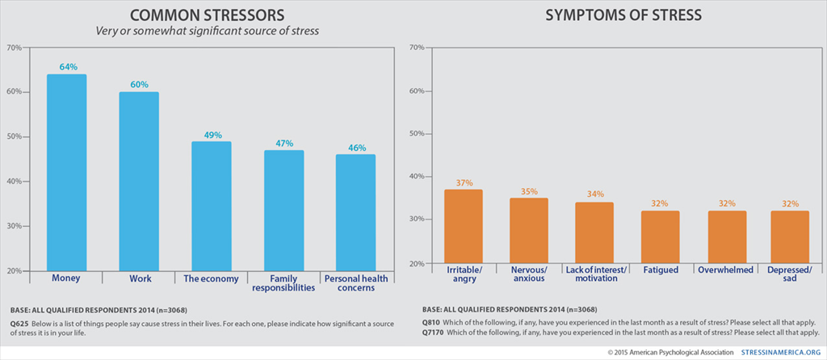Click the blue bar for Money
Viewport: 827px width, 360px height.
[66, 173]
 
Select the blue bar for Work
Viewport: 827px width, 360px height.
[139, 182]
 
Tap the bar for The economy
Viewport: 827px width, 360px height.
[212, 206]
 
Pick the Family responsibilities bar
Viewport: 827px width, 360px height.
[283, 210]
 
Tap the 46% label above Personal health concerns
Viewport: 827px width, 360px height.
[356, 148]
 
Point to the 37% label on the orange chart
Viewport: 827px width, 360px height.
[464, 182]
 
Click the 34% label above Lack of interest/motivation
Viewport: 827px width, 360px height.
[594, 195]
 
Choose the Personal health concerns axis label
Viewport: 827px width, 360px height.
[356, 283]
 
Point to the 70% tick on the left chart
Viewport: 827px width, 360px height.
[15, 48]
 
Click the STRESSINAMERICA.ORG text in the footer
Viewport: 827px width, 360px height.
[781, 352]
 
